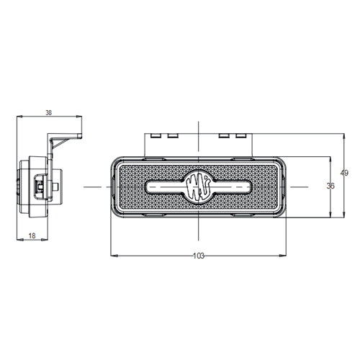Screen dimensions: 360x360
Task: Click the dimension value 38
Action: (49, 112)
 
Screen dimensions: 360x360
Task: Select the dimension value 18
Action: (32, 235)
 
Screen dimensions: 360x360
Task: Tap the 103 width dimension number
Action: (199, 256)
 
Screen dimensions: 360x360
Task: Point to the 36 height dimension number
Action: (330, 186)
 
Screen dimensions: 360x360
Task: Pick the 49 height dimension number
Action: (344, 173)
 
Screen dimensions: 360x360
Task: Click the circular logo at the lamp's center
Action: (199, 187)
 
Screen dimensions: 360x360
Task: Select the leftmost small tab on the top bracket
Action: (156, 136)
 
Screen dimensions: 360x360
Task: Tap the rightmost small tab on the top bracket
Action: (241, 136)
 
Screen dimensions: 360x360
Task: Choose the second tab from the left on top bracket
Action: (173, 136)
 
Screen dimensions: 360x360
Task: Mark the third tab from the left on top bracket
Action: (224, 136)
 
